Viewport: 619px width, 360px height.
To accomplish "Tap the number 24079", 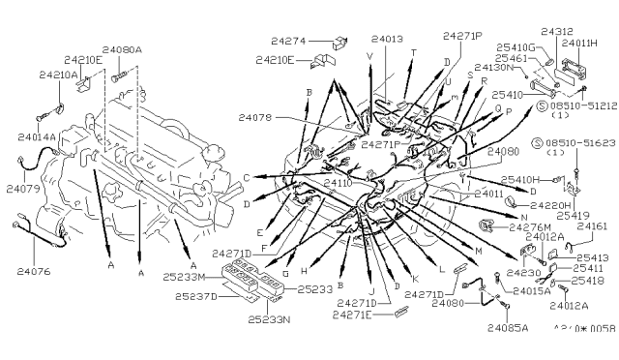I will click(x=23, y=189).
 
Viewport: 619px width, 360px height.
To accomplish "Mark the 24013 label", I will click(x=385, y=40).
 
